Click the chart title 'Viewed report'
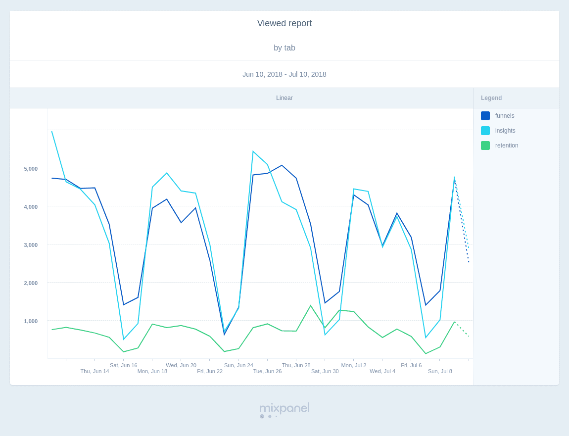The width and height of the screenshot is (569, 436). [284, 23]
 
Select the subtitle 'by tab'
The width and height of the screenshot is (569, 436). [284, 48]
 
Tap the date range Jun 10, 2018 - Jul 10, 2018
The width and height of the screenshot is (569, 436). [284, 74]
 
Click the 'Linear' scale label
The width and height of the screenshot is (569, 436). [284, 98]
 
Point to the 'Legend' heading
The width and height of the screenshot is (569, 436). [491, 98]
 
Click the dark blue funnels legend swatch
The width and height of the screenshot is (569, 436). [485, 116]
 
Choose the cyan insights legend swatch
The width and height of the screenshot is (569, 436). [485, 131]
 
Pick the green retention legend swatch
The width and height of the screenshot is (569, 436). [485, 145]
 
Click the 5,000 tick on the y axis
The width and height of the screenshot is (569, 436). [31, 169]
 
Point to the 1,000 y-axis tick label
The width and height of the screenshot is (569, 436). [31, 321]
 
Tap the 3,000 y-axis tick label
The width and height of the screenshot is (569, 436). [31, 245]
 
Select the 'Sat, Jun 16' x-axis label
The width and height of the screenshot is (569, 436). [124, 365]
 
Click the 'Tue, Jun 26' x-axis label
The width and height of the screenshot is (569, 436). [268, 371]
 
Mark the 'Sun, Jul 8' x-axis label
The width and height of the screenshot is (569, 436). [440, 371]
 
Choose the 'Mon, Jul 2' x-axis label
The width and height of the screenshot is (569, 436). [354, 365]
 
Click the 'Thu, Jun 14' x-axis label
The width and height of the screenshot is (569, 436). [95, 371]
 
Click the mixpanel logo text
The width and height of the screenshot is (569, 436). [284, 408]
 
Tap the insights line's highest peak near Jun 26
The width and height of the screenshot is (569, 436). [253, 152]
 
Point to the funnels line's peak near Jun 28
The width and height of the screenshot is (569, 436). [282, 165]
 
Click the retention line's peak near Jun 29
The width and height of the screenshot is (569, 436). [311, 306]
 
